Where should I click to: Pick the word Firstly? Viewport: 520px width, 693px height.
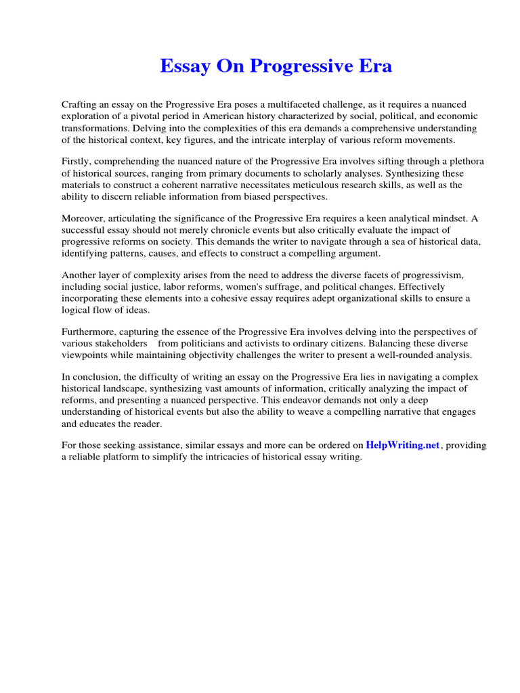pos(77,162)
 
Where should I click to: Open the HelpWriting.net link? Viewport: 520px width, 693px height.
pos(403,445)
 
